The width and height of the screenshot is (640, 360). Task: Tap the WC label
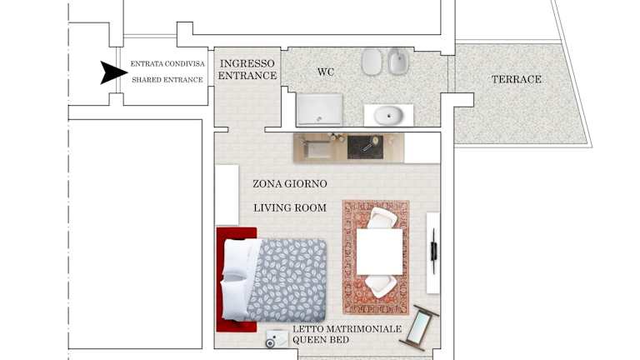coord(326,72)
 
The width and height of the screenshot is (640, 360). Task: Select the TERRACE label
coord(517,79)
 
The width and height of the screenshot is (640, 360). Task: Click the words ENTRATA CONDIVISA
coord(167,63)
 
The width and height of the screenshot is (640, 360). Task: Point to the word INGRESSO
coord(247,63)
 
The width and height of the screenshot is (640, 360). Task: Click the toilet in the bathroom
coord(371,62)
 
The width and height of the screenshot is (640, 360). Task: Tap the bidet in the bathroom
coord(398,61)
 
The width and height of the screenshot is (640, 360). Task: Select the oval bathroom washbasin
coord(388,116)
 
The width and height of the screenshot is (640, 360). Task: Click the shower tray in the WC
coord(319,110)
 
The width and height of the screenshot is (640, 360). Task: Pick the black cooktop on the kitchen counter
coord(365,147)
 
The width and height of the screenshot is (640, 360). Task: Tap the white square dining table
coord(380,252)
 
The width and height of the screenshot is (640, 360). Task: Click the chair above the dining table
coord(382,217)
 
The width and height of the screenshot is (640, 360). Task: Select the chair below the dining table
coord(380,286)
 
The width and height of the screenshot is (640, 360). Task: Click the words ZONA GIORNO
coord(290,184)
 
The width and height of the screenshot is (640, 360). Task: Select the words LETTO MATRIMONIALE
coord(347,329)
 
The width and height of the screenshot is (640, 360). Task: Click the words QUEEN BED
coord(321,340)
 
